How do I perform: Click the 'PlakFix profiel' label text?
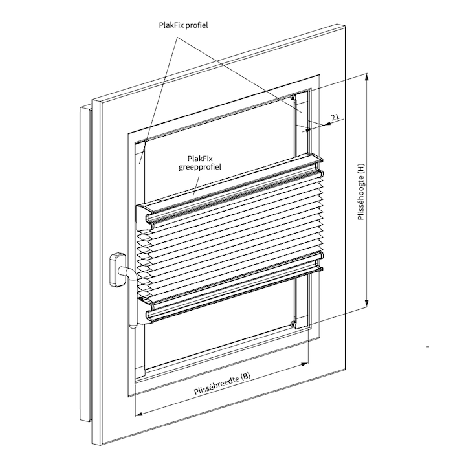(183, 25)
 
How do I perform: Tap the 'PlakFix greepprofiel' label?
(200, 162)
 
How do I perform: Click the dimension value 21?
(335, 117)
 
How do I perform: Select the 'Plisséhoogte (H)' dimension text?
(360, 192)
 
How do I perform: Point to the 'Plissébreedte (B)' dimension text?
(222, 383)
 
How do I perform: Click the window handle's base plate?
(118, 270)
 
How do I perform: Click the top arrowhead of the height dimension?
(367, 78)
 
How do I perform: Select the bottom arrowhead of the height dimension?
(367, 302)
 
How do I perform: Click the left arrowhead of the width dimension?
(139, 414)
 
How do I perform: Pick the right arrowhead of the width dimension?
(304, 364)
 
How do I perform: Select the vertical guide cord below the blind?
(294, 300)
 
